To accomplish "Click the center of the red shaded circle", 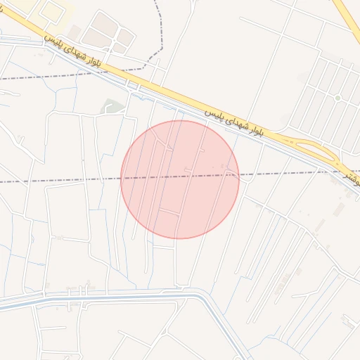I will coord(180,179).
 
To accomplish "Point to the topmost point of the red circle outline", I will coord(180,120).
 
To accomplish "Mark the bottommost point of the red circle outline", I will coord(180,238).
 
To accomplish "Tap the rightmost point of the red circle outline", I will coord(239,179).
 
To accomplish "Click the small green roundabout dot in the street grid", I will coord(337,98).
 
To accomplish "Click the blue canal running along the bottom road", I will coord(105,297).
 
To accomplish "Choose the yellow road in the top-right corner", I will coord(346,18).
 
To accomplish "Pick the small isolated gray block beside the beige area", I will coord(74,32).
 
